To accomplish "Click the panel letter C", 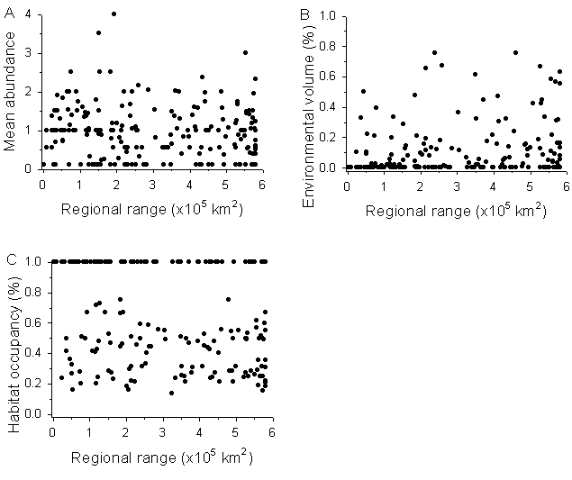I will [10, 260].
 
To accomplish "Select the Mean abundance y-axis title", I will [12, 90].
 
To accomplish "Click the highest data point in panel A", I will [113, 14].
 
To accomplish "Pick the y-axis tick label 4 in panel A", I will [30, 15].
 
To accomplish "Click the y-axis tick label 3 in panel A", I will [30, 53].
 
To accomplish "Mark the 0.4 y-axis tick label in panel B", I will [330, 107].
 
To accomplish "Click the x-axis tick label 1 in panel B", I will [383, 185].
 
